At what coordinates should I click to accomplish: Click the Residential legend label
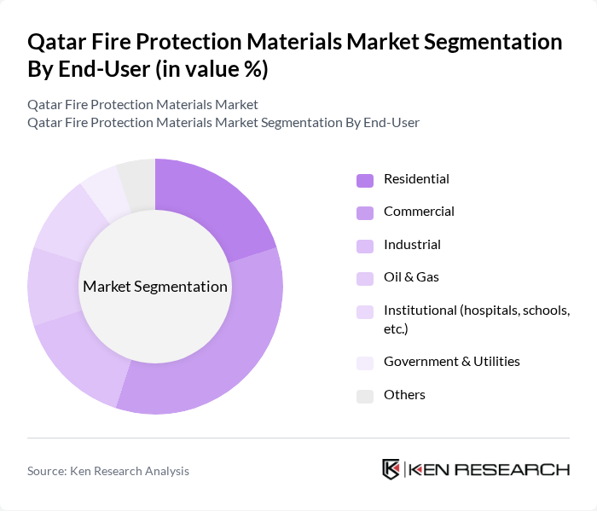point(416,179)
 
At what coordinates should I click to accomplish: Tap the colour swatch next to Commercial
point(365,212)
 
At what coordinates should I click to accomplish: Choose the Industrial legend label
point(412,245)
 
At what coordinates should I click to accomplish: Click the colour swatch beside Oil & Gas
point(365,278)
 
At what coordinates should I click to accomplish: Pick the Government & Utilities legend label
point(451,362)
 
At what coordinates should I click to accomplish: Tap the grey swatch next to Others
point(365,396)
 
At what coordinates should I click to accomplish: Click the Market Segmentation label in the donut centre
point(155,287)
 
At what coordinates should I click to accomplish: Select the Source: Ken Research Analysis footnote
point(108,471)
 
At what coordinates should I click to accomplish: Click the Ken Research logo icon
point(391,470)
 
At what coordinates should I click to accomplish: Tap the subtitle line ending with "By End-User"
point(223,123)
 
